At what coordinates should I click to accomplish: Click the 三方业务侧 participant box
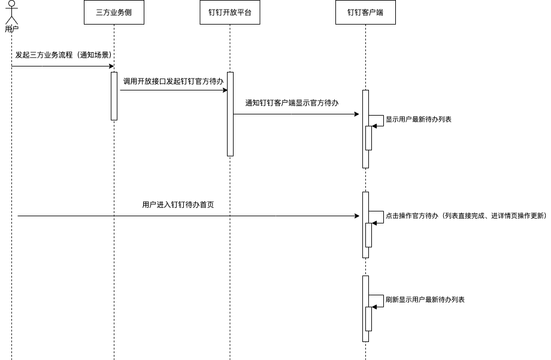[114, 12]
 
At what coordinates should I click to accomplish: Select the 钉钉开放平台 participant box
[230, 12]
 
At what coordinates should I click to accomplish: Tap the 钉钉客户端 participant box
[365, 12]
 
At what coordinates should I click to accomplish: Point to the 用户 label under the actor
[11, 28]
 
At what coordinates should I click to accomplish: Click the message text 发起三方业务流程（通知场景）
[63, 55]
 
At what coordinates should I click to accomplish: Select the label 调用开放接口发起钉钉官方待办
[173, 81]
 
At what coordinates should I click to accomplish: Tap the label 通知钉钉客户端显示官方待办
[292, 103]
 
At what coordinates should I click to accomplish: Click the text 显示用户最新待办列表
[418, 119]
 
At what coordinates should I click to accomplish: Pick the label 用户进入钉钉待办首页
[178, 205]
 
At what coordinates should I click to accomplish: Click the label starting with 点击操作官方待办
[465, 216]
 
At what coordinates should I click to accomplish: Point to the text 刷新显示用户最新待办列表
[425, 299]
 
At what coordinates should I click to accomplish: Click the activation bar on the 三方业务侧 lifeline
[114, 96]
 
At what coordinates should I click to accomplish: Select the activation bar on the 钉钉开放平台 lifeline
[230, 114]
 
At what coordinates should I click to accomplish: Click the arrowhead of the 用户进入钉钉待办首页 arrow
[357, 216]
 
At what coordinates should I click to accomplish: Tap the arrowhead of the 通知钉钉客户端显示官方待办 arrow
[356, 114]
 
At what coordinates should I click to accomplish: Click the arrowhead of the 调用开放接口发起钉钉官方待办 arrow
[225, 90]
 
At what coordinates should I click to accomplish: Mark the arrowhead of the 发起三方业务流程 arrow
[111, 66]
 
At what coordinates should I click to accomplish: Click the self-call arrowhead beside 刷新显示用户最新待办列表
[374, 307]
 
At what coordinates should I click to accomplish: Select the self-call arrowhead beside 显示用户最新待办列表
[374, 126]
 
